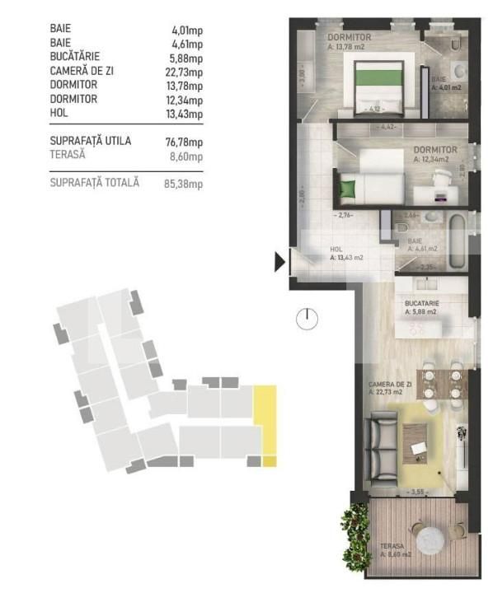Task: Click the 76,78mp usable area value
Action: (x=184, y=141)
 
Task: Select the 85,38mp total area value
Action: (x=184, y=184)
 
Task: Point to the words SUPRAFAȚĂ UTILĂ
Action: (x=90, y=141)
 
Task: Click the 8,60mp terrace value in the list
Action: (x=186, y=155)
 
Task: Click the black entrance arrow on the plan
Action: (x=279, y=263)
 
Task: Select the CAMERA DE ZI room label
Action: (x=390, y=385)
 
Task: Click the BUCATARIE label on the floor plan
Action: (x=421, y=303)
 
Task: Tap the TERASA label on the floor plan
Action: (x=393, y=546)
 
